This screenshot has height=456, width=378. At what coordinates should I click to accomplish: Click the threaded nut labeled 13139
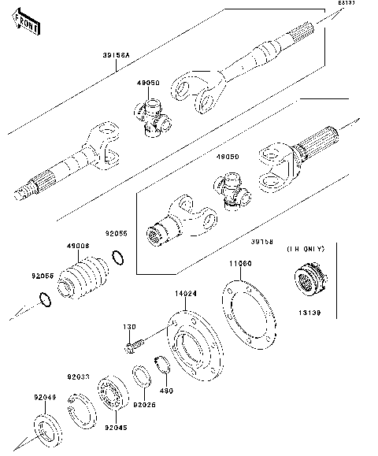(x=310, y=282)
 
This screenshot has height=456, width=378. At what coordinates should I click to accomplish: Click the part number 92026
(x=144, y=406)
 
